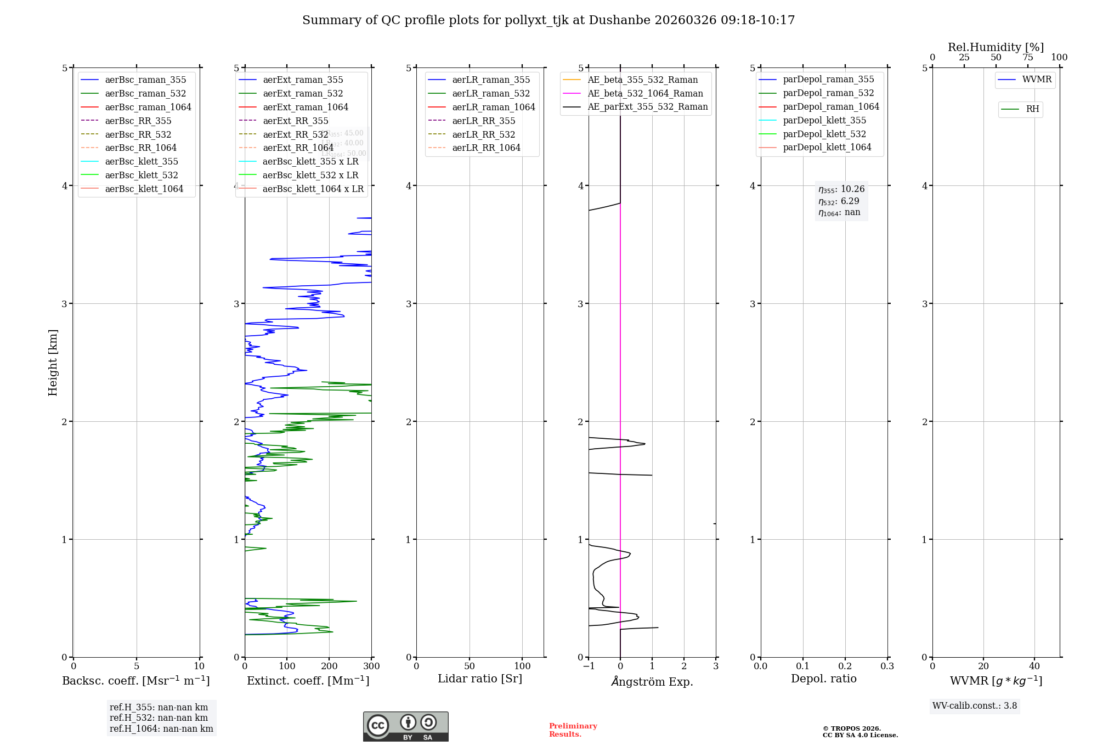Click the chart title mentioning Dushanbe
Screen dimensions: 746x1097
click(548, 20)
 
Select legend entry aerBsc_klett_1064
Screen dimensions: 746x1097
click(144, 189)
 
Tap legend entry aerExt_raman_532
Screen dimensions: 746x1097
click(303, 93)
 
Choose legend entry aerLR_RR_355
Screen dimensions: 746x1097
click(483, 121)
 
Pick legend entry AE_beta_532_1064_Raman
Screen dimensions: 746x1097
click(645, 93)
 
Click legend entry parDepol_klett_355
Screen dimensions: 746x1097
click(824, 120)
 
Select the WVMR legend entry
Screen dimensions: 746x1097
click(1037, 80)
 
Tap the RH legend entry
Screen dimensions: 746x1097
click(1032, 109)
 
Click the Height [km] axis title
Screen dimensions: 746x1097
click(53, 362)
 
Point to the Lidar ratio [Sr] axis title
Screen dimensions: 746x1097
click(480, 679)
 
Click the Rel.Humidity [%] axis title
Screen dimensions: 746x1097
click(996, 47)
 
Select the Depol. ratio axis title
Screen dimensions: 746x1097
click(823, 679)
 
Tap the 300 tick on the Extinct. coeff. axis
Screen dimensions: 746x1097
click(371, 666)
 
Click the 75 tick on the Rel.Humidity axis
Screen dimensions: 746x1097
click(1028, 58)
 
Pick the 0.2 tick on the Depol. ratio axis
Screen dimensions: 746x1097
click(845, 666)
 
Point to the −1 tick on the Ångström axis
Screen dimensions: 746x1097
click(589, 666)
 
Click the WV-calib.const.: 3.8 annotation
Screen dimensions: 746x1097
click(975, 706)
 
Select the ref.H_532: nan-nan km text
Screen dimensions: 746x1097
click(159, 717)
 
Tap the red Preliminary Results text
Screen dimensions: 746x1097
click(573, 730)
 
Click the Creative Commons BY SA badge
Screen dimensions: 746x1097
click(405, 727)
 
